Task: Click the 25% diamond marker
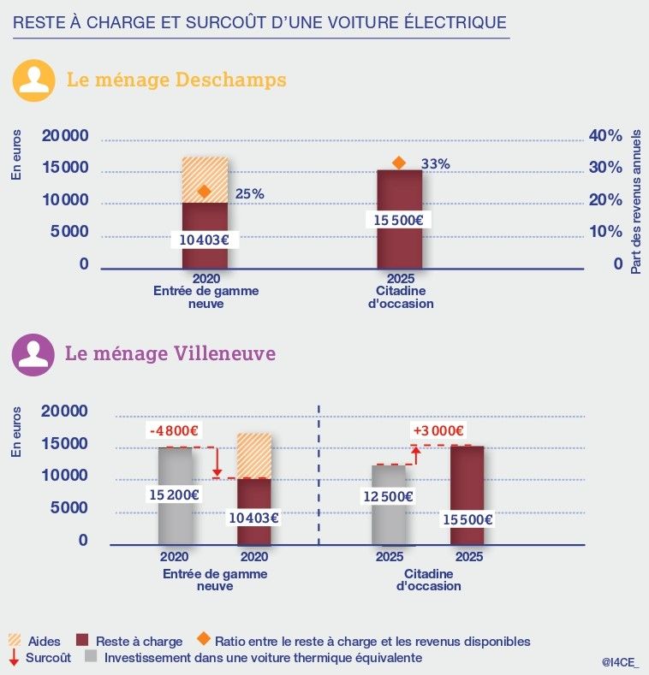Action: click(x=204, y=192)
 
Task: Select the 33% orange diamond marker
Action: click(x=398, y=163)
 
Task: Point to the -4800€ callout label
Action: click(x=175, y=431)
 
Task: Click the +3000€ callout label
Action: click(x=438, y=430)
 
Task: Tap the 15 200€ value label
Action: click(x=175, y=494)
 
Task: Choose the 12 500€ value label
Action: click(x=389, y=496)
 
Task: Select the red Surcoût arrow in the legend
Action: click(x=14, y=658)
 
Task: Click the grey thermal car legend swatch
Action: click(x=91, y=658)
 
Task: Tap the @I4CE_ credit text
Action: click(x=619, y=661)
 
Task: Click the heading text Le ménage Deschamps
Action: click(x=176, y=80)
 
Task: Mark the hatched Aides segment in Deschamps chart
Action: click(x=205, y=180)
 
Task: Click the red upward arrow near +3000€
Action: click(x=416, y=454)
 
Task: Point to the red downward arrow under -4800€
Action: click(x=217, y=463)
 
